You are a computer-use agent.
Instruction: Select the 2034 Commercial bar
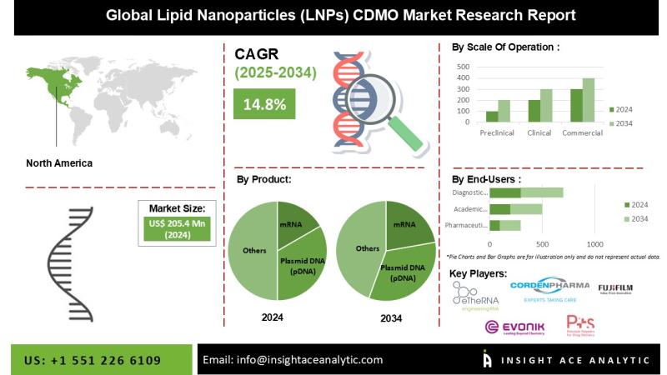pyautogui.click(x=589, y=101)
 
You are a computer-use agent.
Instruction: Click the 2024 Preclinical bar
pyautogui.click(x=492, y=117)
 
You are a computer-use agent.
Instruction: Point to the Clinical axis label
pyautogui.click(x=539, y=133)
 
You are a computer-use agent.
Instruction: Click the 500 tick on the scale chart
pyautogui.click(x=464, y=64)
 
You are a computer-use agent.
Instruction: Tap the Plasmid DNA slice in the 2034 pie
pyautogui.click(x=402, y=271)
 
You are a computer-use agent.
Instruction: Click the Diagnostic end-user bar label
pyautogui.click(x=469, y=192)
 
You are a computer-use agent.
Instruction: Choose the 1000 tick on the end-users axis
pyautogui.click(x=594, y=243)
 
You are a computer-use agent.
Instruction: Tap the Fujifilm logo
pyautogui.click(x=614, y=289)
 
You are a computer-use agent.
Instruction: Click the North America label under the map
pyautogui.click(x=60, y=162)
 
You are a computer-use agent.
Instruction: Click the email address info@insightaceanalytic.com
pyautogui.click(x=293, y=360)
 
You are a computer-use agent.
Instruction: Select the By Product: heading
pyautogui.click(x=264, y=178)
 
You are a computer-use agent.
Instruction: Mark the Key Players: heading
pyautogui.click(x=478, y=273)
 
